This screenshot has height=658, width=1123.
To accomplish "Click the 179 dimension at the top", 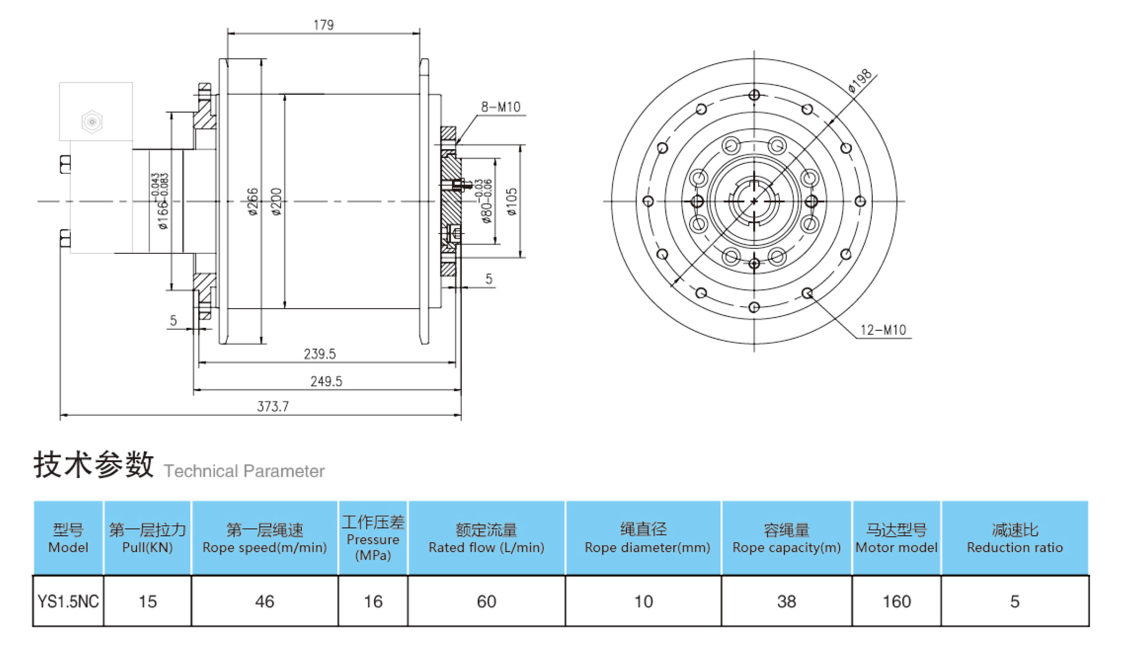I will click(x=323, y=25).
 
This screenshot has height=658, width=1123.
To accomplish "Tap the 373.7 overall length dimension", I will click(x=273, y=406).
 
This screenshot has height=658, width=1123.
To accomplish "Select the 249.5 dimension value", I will click(x=326, y=381).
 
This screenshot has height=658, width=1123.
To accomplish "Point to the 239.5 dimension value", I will click(x=320, y=353).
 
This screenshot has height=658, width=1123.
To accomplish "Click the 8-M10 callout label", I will click(x=500, y=107).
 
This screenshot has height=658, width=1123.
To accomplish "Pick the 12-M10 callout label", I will click(x=883, y=330).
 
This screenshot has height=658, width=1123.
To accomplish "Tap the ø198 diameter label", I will click(x=860, y=82).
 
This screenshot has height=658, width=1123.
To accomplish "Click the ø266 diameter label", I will click(x=253, y=201).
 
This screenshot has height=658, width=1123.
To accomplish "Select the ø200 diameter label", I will click(x=277, y=201).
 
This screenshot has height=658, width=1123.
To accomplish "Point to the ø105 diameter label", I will click(x=511, y=201).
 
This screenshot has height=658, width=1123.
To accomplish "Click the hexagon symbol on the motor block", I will click(x=92, y=122).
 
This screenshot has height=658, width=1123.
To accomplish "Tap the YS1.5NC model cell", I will click(x=68, y=601).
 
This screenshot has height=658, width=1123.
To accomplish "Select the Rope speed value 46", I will click(x=264, y=601).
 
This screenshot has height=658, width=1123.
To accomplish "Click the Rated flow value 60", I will click(x=486, y=601).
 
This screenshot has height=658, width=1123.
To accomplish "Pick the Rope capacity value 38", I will click(x=786, y=601).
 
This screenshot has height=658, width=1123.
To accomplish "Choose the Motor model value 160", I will click(x=897, y=601).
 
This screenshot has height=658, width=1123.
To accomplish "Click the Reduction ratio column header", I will click(x=1014, y=538).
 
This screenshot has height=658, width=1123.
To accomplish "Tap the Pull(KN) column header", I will click(x=147, y=538).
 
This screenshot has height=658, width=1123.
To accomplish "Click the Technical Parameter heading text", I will click(x=244, y=471).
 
